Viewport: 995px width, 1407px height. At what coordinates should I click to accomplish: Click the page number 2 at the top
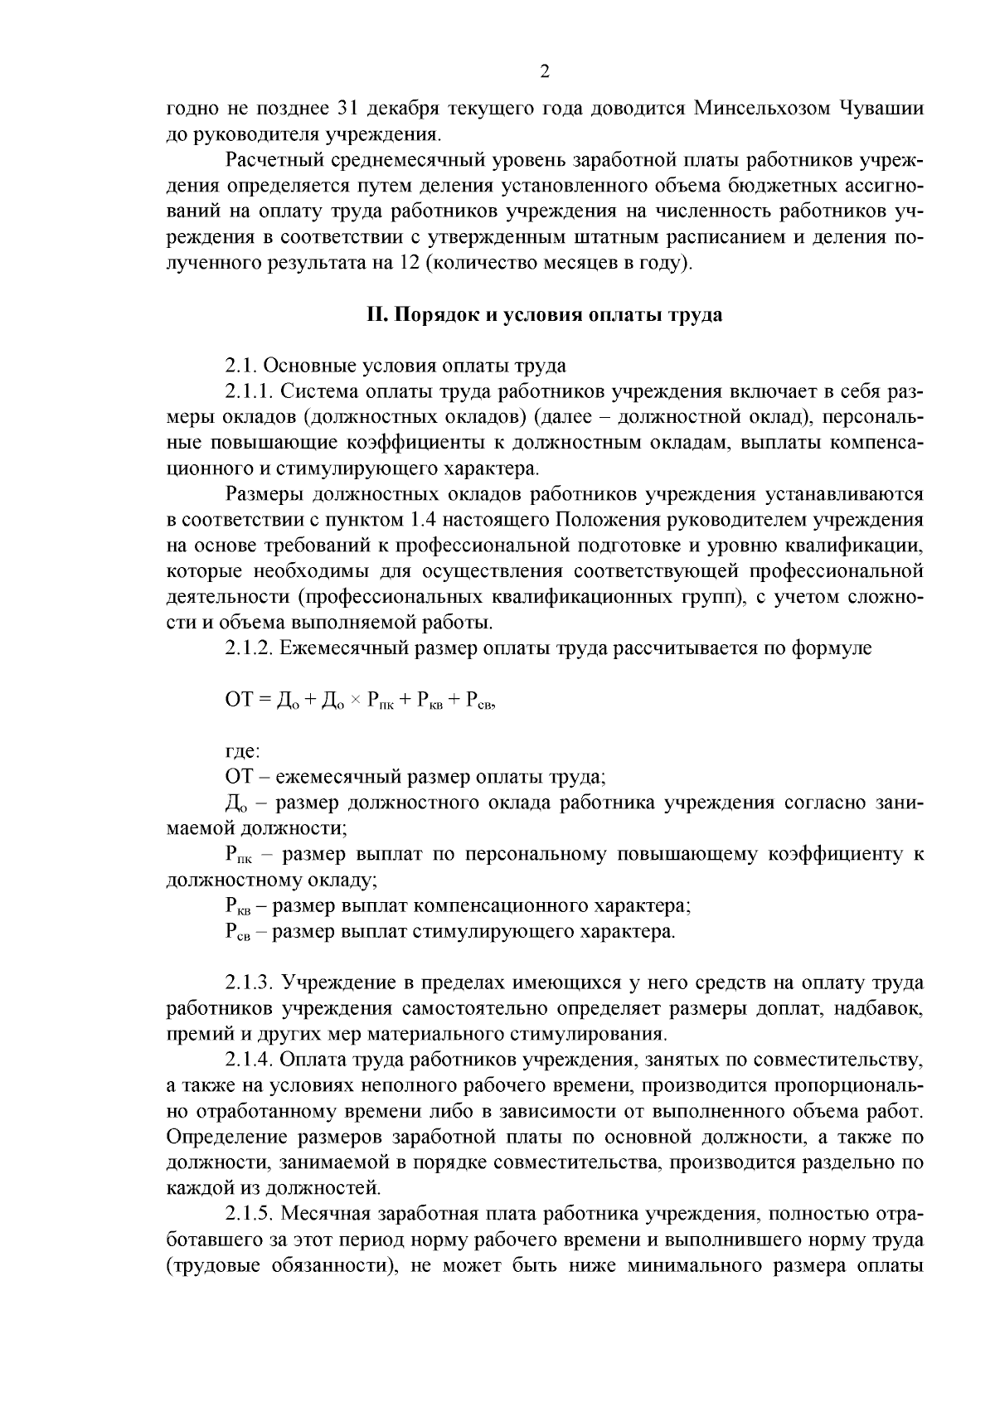tap(545, 72)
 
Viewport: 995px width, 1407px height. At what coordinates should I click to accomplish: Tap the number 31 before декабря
tap(347, 109)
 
